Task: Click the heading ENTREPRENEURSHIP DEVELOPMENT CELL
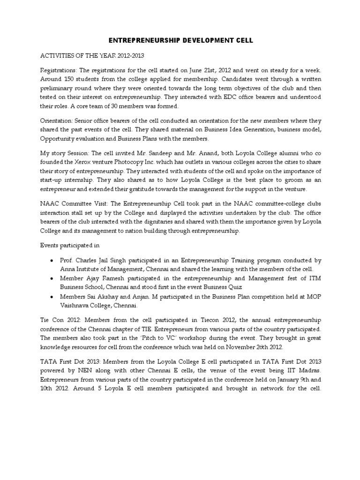180,41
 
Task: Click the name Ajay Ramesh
99,278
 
